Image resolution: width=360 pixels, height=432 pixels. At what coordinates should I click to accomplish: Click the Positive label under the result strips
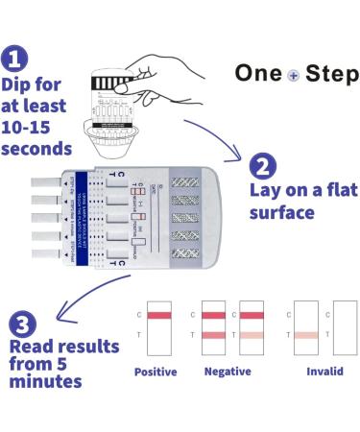(156, 372)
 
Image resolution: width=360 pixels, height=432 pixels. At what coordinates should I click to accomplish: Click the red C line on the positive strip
(156, 314)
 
